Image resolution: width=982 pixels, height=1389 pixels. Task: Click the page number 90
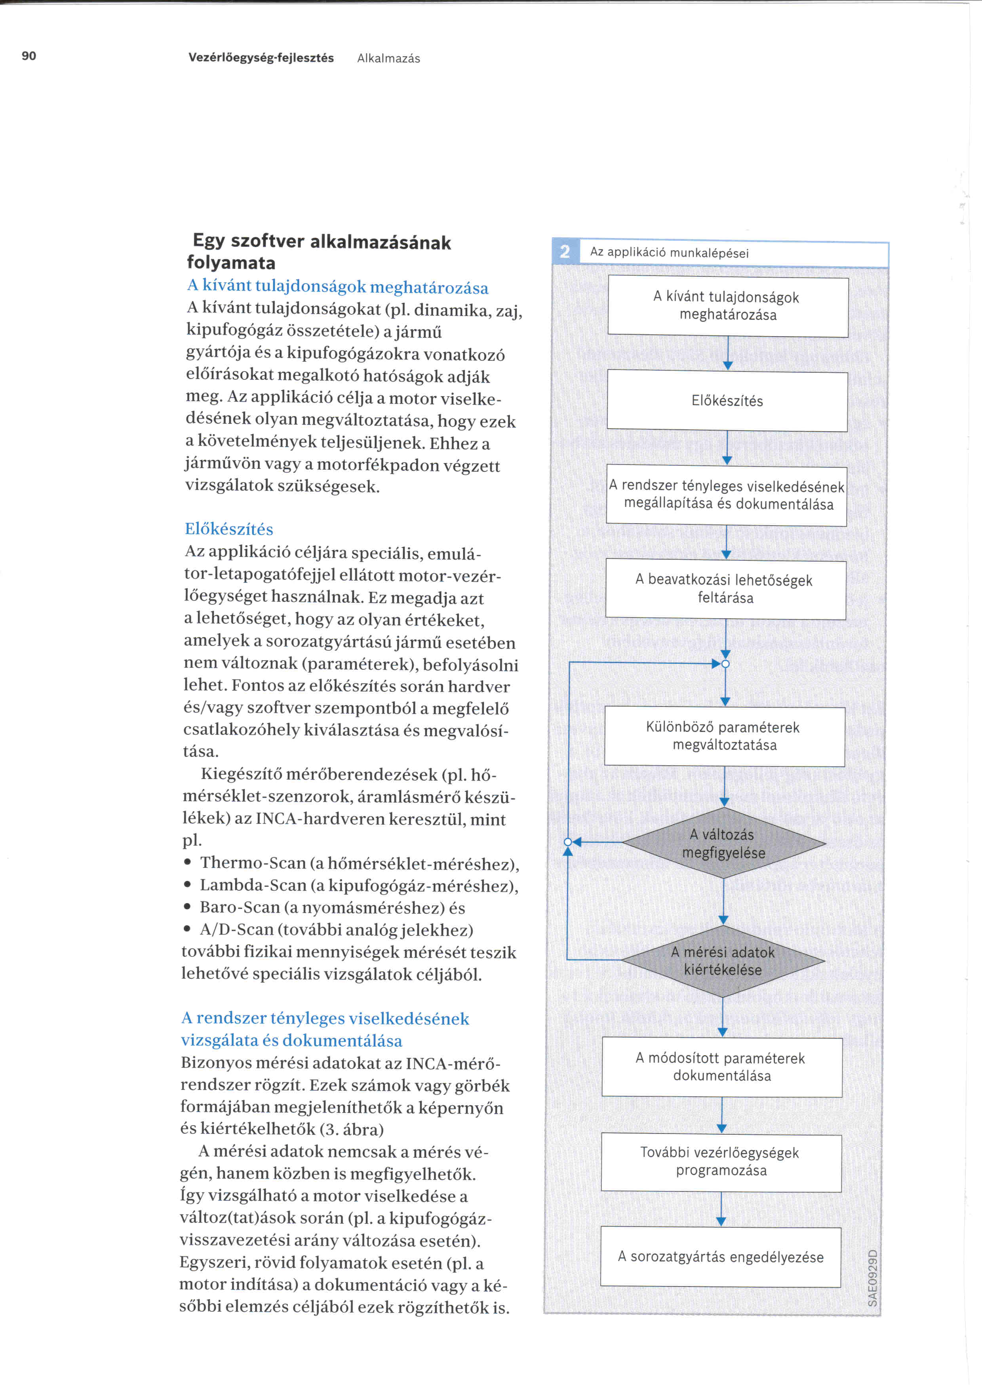[x=29, y=56]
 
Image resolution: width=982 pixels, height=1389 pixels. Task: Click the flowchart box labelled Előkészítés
[x=727, y=401]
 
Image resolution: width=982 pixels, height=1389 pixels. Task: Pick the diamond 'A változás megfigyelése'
[x=724, y=843]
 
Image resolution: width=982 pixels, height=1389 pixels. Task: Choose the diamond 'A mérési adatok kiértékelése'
[x=723, y=961]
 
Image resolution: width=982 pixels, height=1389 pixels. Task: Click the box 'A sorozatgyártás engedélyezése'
[x=720, y=1256]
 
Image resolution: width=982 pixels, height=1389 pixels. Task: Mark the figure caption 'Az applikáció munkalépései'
[x=669, y=253]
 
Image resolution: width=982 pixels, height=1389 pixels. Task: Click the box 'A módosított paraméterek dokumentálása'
[x=722, y=1067]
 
